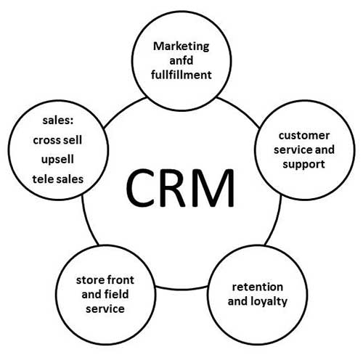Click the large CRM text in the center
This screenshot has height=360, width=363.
point(181,187)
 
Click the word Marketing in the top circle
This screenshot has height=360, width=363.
point(181,46)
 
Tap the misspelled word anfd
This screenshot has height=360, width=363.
point(181,60)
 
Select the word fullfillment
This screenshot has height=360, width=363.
point(181,74)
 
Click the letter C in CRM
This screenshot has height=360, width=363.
point(140,187)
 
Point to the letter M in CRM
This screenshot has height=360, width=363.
point(219,187)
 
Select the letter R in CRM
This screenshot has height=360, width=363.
point(178,187)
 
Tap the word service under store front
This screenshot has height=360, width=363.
point(105,308)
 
